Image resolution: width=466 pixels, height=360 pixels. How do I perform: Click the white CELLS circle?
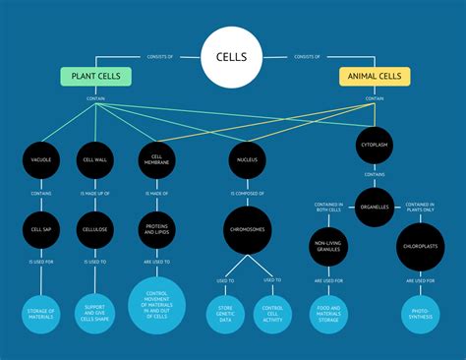231,56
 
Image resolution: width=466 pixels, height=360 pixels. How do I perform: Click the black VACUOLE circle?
41,158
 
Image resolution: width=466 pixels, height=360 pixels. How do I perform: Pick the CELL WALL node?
96,158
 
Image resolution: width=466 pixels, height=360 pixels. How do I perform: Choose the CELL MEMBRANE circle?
157,158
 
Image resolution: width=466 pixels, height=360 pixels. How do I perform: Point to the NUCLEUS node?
247,158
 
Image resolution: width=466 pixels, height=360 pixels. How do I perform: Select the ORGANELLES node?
375,207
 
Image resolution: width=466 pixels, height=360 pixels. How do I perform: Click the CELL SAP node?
41,229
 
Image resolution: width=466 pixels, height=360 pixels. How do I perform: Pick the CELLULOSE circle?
96,229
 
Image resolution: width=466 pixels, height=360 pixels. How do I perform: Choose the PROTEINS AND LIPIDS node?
157,229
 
